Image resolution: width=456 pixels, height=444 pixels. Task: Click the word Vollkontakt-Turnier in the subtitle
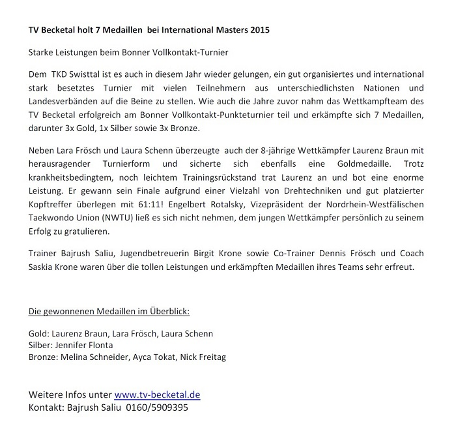click(200, 51)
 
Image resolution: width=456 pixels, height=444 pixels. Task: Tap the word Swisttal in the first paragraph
click(92, 75)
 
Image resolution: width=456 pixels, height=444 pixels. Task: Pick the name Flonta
click(97, 345)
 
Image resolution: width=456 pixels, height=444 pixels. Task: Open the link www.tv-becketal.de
click(157, 395)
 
